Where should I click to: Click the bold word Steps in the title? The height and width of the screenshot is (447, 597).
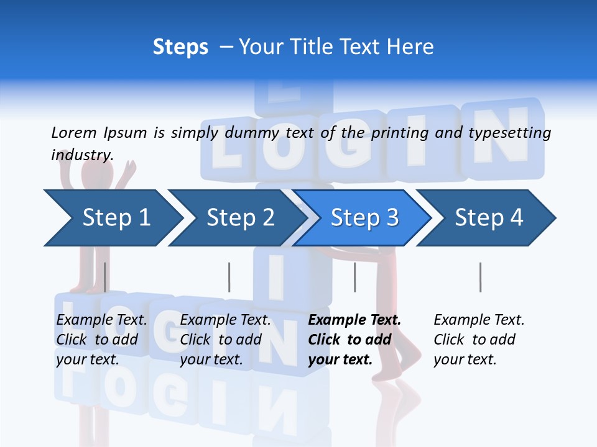180,47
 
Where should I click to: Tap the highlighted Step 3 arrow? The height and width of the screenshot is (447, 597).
364,218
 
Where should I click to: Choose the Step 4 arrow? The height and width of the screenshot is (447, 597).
489,218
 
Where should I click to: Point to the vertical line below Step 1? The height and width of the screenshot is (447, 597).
104,277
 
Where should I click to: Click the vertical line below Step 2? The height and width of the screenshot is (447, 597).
229,277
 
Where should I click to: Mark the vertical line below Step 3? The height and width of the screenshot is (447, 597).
354,277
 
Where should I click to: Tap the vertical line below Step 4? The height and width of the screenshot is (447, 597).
480,277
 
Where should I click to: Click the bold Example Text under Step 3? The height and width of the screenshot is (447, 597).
354,320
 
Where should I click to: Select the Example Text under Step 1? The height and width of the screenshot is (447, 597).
102,320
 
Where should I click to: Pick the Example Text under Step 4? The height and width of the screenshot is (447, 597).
479,320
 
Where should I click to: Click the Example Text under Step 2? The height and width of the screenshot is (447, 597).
226,320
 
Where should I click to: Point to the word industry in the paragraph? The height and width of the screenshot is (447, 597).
81,155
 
